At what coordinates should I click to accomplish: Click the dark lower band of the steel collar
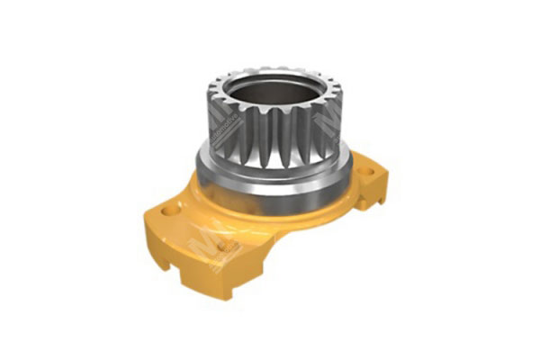[270, 194]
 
